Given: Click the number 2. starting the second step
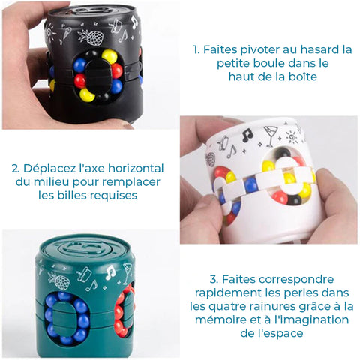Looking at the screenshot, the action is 16,169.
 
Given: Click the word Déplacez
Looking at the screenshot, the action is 49,169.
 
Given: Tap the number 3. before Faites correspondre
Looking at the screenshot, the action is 214,279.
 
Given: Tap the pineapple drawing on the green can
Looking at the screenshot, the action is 60,280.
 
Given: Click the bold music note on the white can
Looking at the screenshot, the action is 247,135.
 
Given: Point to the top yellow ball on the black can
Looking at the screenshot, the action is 109,56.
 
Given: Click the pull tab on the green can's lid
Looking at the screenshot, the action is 85,247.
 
